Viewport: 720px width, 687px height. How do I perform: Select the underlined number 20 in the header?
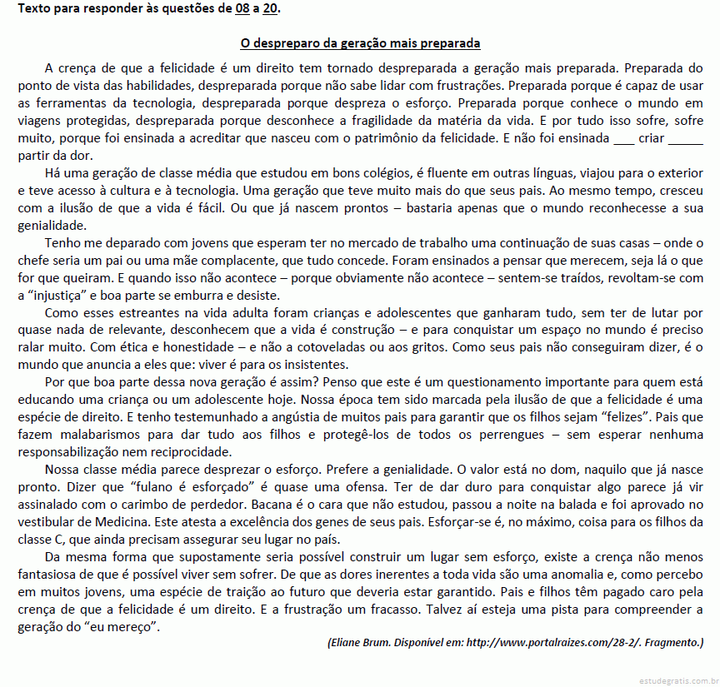(270, 9)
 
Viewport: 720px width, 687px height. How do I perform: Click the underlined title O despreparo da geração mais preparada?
(360, 42)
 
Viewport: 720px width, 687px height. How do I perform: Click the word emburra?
(196, 296)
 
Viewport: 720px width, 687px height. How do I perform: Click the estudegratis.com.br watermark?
(677, 680)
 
